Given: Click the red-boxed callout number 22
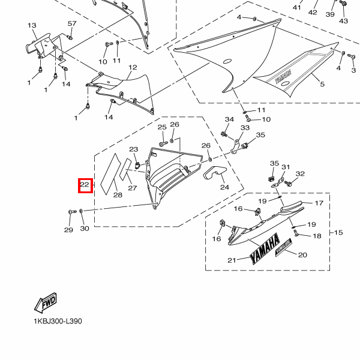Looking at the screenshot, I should (85, 185).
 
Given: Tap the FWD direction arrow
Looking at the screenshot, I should (46, 305).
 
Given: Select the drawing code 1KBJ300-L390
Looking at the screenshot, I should (58, 321).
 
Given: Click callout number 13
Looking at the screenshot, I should (32, 25).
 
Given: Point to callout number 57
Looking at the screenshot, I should (72, 23).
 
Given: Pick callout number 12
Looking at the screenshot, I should (133, 68).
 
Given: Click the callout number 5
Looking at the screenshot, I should (322, 85).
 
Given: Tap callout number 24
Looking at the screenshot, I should (224, 187).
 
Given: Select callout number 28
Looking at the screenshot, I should (118, 195).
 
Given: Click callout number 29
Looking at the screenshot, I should (68, 230).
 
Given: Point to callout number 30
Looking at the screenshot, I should (84, 229).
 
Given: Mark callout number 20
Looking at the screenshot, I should (302, 255).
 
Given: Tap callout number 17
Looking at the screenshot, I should (319, 203).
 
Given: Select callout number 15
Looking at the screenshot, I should (338, 232).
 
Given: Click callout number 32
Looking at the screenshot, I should (300, 174).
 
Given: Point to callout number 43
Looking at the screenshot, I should (343, 21).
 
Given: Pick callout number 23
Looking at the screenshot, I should (134, 150).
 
